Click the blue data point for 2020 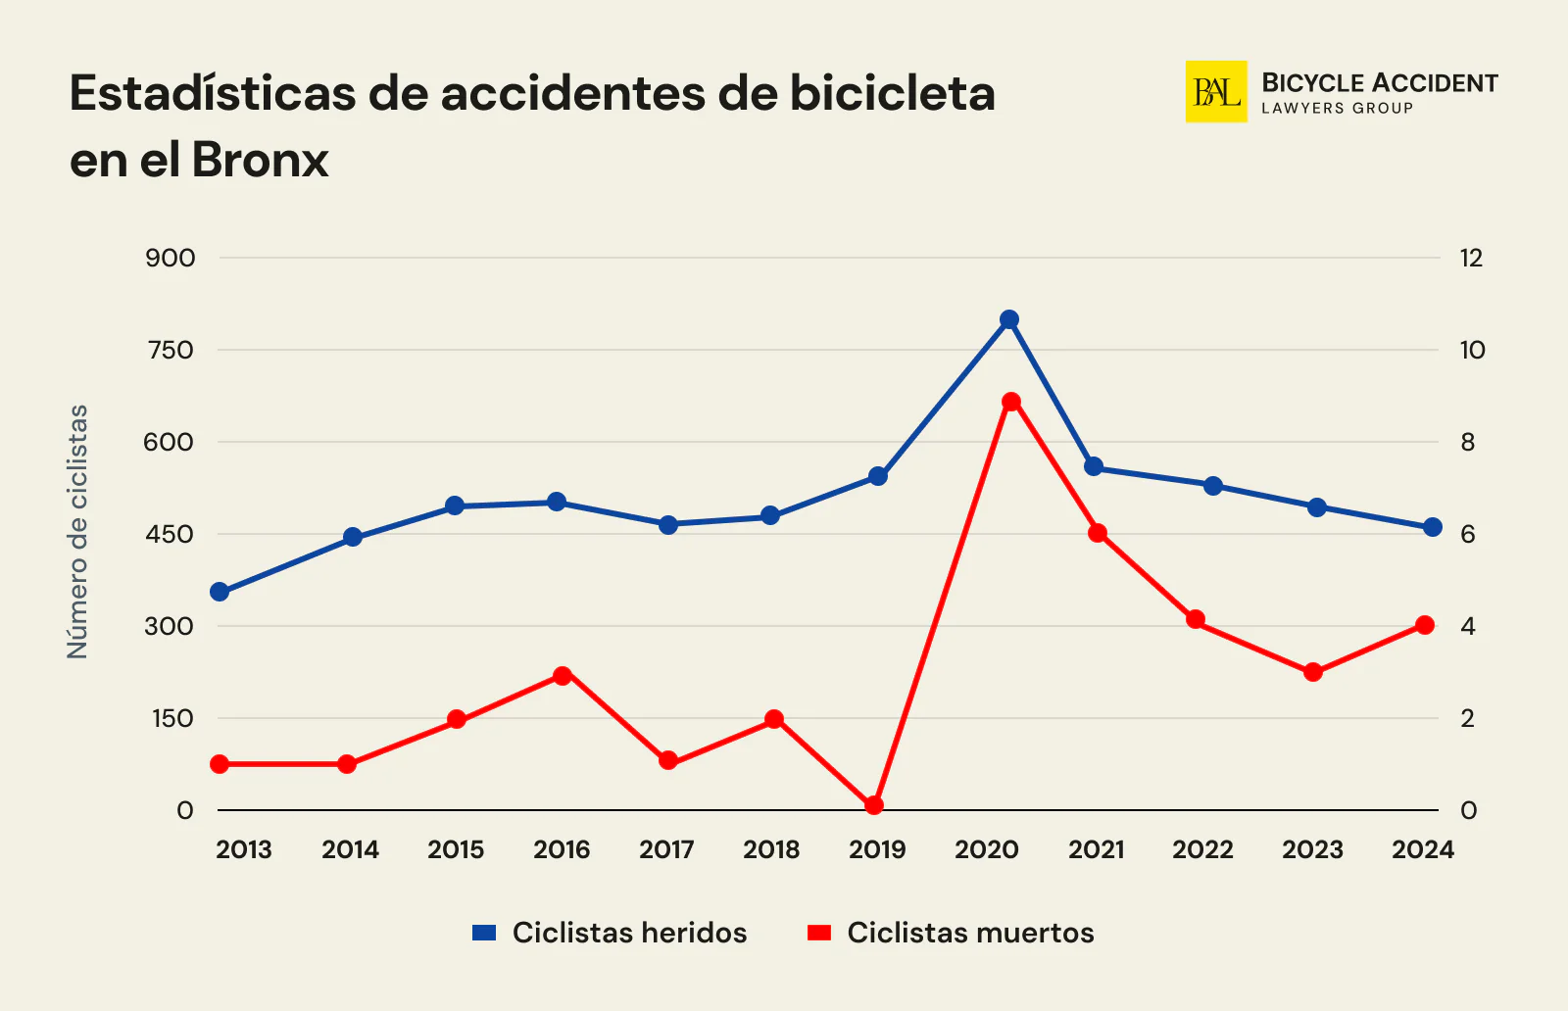tap(1009, 319)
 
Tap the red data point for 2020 tap(1011, 402)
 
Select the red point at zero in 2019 tap(874, 805)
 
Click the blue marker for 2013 tap(220, 592)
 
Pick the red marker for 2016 tap(562, 676)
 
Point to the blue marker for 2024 tap(1432, 527)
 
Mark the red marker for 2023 tap(1313, 672)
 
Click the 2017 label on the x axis tap(666, 849)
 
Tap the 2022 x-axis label tap(1202, 849)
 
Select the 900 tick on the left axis tap(171, 259)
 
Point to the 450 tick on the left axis tap(171, 535)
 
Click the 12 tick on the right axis tap(1471, 259)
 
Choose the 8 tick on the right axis tap(1467, 443)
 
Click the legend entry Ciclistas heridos tap(628, 933)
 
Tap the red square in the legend tap(819, 933)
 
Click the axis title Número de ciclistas tap(77, 531)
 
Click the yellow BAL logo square tap(1216, 92)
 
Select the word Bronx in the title tap(260, 160)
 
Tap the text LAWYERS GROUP tap(1337, 109)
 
